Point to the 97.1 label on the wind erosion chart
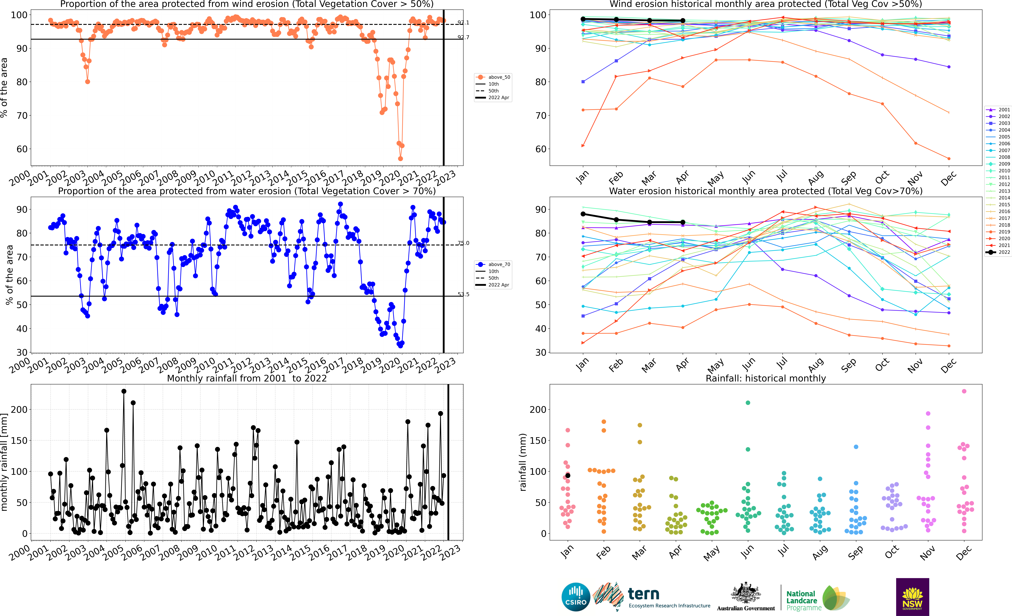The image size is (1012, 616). pyautogui.click(x=463, y=23)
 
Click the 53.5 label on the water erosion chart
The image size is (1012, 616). pyautogui.click(x=463, y=294)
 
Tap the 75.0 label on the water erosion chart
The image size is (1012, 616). pyautogui.click(x=463, y=243)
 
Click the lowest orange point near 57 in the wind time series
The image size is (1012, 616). pyautogui.click(x=400, y=159)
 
